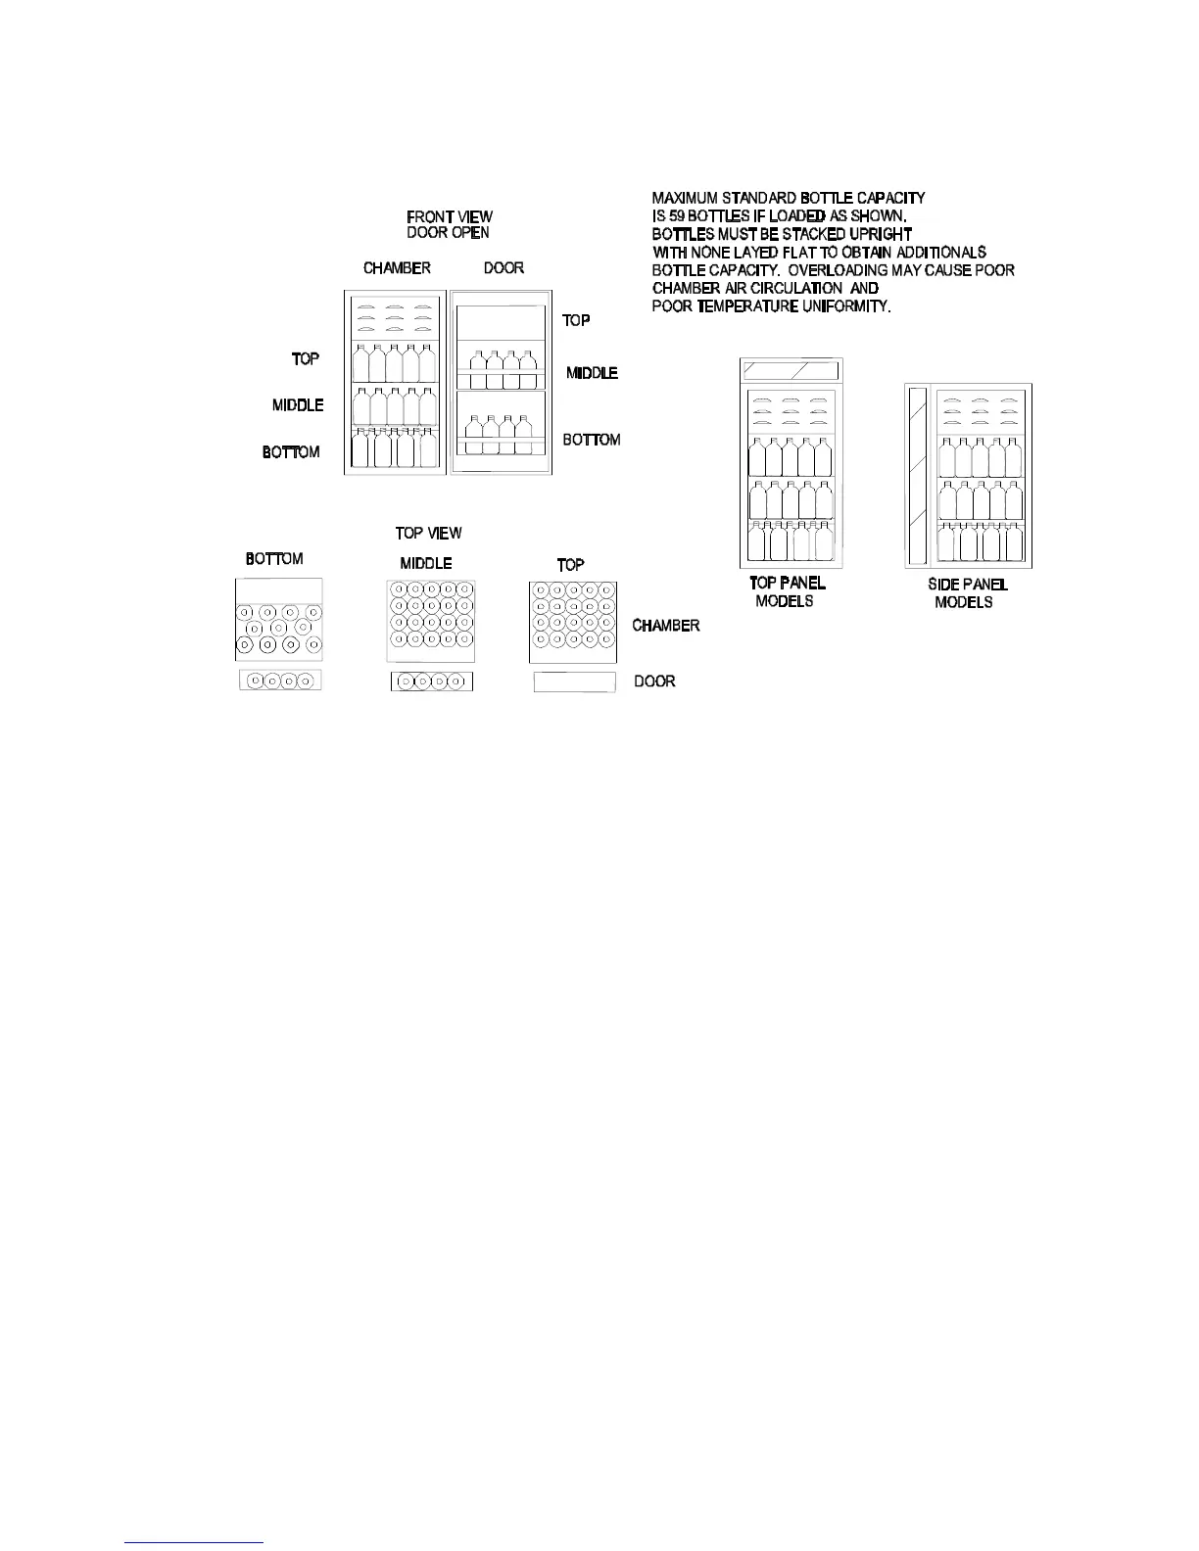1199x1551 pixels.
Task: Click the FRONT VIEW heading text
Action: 450,216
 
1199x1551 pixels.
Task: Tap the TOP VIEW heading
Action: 428,534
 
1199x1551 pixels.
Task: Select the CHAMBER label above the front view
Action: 397,268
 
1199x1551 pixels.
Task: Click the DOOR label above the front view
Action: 504,268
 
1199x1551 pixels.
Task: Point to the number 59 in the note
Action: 677,216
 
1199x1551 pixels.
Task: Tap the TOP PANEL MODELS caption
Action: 787,592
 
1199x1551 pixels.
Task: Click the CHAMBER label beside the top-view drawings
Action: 666,626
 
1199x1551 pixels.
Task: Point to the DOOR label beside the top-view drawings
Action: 654,681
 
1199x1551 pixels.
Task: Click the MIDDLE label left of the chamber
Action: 298,405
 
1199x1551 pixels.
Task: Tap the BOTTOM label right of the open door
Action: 592,441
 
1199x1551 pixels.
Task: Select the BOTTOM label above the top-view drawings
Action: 274,559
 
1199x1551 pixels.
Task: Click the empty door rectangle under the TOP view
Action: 574,682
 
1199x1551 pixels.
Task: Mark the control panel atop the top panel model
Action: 791,371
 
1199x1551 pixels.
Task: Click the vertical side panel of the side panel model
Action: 918,476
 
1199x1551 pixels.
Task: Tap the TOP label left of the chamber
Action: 306,359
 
